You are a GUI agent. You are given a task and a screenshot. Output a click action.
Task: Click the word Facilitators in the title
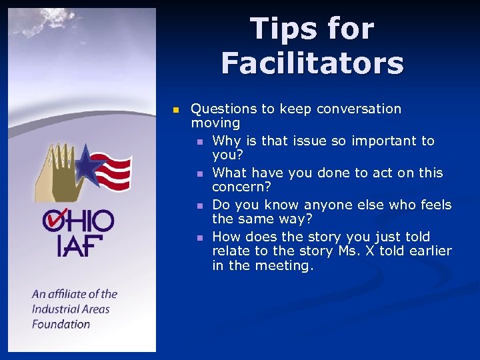tap(312, 63)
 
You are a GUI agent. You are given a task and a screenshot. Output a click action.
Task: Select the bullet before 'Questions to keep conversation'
tap(175, 109)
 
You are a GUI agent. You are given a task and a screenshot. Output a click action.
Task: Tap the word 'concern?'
tap(241, 187)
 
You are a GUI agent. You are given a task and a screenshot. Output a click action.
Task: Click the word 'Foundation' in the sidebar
tap(61, 324)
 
